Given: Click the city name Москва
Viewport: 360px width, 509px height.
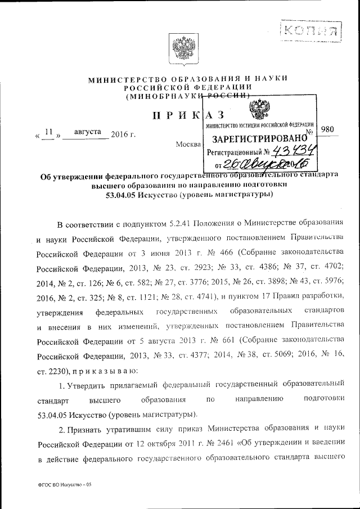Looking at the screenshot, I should [188, 145].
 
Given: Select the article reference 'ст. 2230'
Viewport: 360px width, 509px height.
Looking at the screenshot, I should [53, 371].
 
